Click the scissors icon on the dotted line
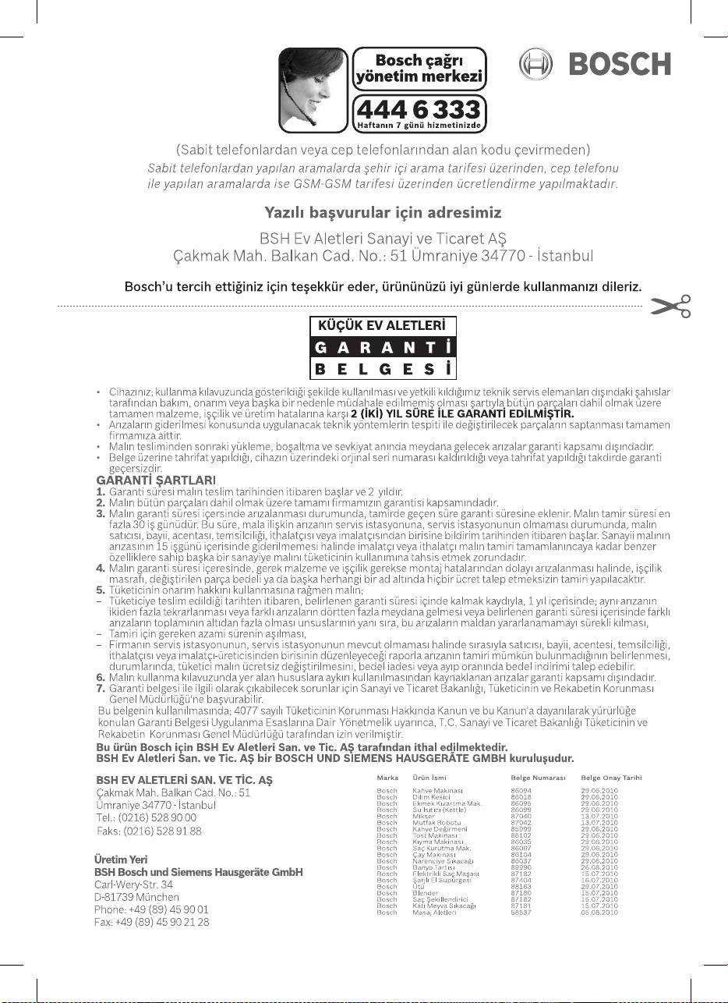(x=672, y=307)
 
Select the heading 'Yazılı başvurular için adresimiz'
(x=382, y=212)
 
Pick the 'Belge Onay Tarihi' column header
(x=611, y=778)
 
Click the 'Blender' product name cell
(x=426, y=893)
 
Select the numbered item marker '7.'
(x=100, y=689)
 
